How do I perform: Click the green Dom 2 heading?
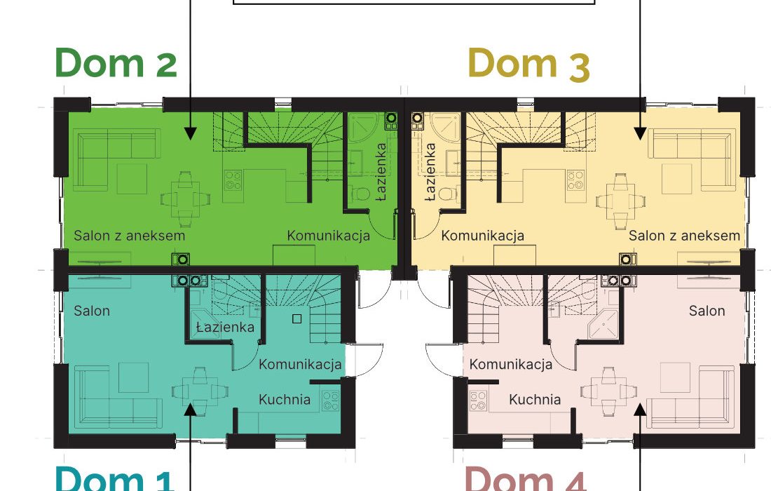tap(116, 62)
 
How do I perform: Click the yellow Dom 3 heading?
tap(528, 63)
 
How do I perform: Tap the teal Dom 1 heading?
tap(114, 478)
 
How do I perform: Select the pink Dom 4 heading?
tap(525, 479)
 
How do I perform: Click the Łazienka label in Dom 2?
tap(381, 172)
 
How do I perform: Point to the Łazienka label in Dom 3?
tap(430, 172)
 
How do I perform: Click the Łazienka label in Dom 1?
tap(225, 327)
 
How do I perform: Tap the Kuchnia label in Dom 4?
tap(535, 399)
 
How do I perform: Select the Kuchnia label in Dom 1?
tap(285, 399)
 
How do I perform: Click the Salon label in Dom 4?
tap(707, 311)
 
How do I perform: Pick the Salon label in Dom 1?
tap(92, 311)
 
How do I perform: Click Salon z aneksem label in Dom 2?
tap(130, 236)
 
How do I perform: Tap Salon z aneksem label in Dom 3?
tap(685, 236)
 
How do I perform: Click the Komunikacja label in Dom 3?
tap(482, 236)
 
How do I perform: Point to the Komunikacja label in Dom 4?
tap(511, 365)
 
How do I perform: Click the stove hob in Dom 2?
tap(233, 180)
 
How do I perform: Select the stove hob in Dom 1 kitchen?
tap(330, 401)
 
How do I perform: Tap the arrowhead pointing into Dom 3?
tap(640, 133)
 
